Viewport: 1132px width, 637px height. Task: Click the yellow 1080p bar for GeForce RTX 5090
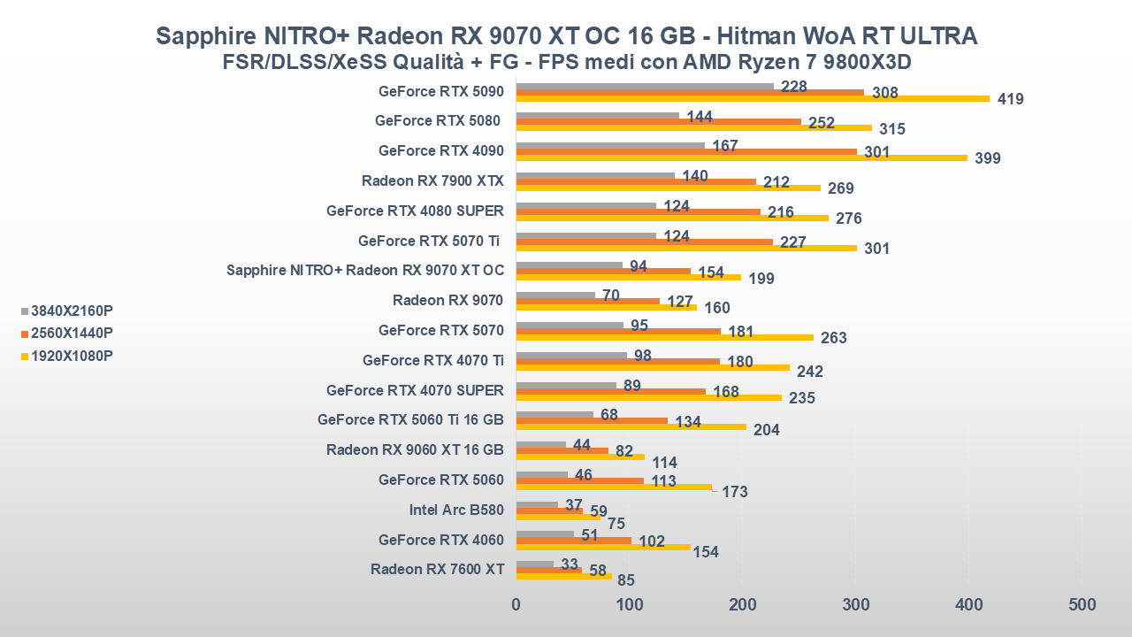752,98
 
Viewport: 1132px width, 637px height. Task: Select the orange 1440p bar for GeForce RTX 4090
686,151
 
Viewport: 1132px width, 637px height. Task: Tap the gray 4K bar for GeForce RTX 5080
597,115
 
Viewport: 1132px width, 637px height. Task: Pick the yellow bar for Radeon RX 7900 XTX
668,188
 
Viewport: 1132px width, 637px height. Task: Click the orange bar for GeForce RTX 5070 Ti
644,242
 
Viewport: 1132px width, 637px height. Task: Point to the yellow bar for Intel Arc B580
557,517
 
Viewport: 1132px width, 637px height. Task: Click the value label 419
1010,99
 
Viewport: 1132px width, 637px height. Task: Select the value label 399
987,159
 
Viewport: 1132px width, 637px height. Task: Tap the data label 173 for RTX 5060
735,492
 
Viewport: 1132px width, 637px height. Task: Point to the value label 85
626,581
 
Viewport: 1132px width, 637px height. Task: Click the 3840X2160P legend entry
72,311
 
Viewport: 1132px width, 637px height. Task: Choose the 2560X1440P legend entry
72,333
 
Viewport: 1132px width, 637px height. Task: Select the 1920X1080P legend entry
72,356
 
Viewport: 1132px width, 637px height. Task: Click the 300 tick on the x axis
855,605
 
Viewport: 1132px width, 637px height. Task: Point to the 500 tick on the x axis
1081,605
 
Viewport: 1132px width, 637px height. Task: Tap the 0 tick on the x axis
516,605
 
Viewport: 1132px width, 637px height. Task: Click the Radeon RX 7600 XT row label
437,569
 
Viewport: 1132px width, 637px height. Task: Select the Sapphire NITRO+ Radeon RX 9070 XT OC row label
364,271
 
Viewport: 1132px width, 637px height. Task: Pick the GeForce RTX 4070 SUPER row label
415,390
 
